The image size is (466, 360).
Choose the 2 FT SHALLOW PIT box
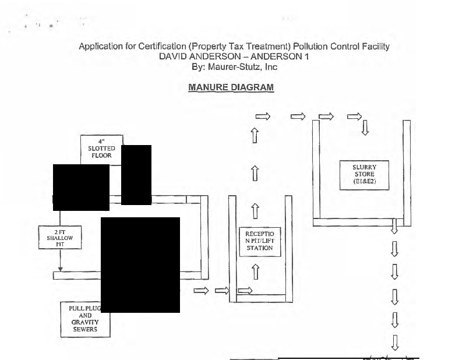coord(59,239)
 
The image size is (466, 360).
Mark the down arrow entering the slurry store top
coord(365,127)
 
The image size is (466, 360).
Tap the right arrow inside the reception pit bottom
coord(245,290)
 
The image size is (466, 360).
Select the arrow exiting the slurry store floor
coord(394,225)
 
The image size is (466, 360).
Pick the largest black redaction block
coord(140,264)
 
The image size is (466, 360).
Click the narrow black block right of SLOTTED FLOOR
coord(136,175)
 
